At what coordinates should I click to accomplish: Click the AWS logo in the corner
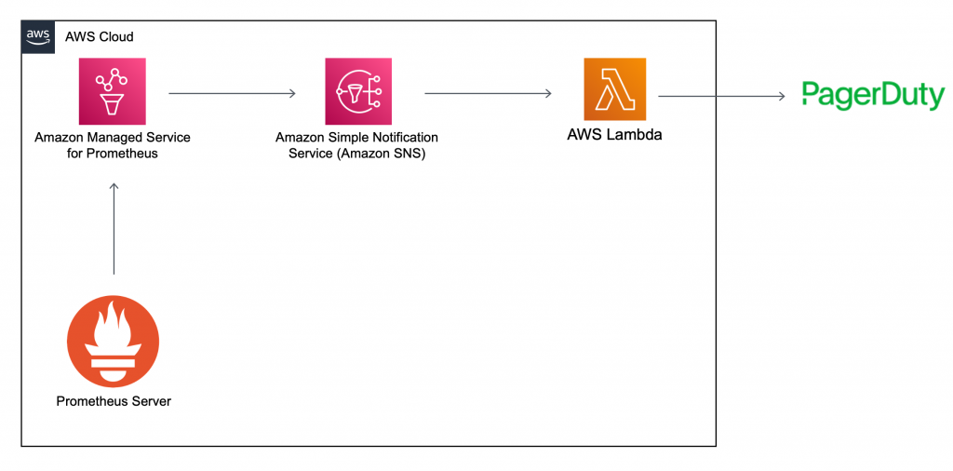point(38,36)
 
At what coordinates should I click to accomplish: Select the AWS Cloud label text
point(99,37)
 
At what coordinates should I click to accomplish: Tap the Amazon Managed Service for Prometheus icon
point(113,90)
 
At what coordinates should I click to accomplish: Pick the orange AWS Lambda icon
point(614,89)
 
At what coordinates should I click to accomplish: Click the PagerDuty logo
point(873,96)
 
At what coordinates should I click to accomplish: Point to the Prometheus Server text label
point(114,401)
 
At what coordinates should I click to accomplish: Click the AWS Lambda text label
point(614,135)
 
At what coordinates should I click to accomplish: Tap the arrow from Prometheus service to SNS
point(232,93)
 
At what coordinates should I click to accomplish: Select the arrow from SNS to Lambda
point(489,93)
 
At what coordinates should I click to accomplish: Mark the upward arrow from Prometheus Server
point(114,228)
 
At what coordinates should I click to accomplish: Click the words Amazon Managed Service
point(113,138)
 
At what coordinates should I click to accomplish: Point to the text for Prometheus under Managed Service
point(113,154)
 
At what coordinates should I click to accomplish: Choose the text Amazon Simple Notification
point(357,138)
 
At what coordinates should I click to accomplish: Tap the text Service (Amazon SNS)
point(357,154)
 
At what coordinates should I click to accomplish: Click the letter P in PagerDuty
point(812,94)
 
